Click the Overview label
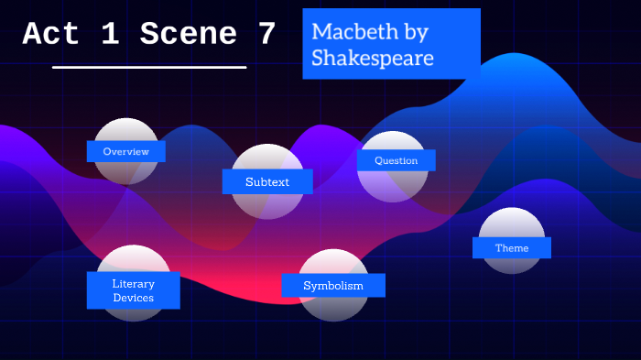(x=126, y=151)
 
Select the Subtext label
(x=267, y=181)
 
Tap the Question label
(x=396, y=160)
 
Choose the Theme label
(x=512, y=247)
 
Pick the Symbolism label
(x=333, y=286)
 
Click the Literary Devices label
(x=134, y=290)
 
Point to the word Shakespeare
(x=372, y=59)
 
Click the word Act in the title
(x=51, y=35)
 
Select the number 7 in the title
(x=266, y=35)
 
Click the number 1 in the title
(x=109, y=35)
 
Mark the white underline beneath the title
(x=149, y=67)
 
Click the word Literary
(x=134, y=283)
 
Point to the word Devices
(x=134, y=298)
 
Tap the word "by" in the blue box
(x=413, y=32)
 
